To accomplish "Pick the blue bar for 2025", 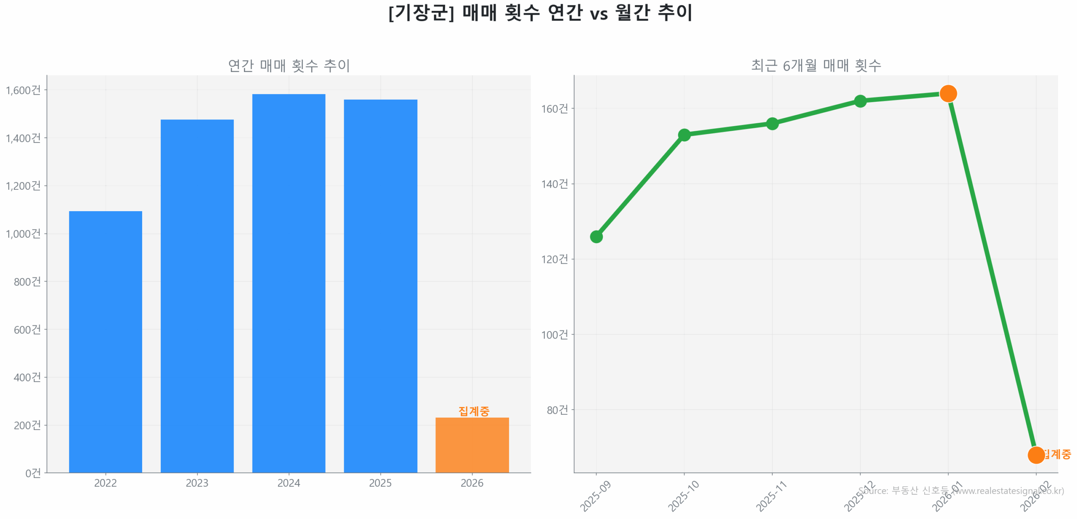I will coord(380,286).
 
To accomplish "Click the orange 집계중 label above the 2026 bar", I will coord(474,410).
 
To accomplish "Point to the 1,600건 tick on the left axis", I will coord(23,90).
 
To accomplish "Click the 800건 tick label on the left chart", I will coord(27,281).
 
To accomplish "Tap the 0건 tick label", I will coord(33,473).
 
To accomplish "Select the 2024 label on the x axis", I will coord(289,483).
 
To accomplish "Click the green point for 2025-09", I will coord(596,237).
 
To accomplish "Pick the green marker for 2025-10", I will coord(684,135).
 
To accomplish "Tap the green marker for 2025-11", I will coord(772,124).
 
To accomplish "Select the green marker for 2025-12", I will coord(860,101).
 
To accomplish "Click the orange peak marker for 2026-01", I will coord(948,93).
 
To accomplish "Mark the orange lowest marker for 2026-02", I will coord(1036,455).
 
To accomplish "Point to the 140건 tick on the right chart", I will coord(554,184).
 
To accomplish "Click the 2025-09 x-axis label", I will coord(596,496).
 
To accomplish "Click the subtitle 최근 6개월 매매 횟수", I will coord(816,65).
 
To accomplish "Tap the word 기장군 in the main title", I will coord(421,13).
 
